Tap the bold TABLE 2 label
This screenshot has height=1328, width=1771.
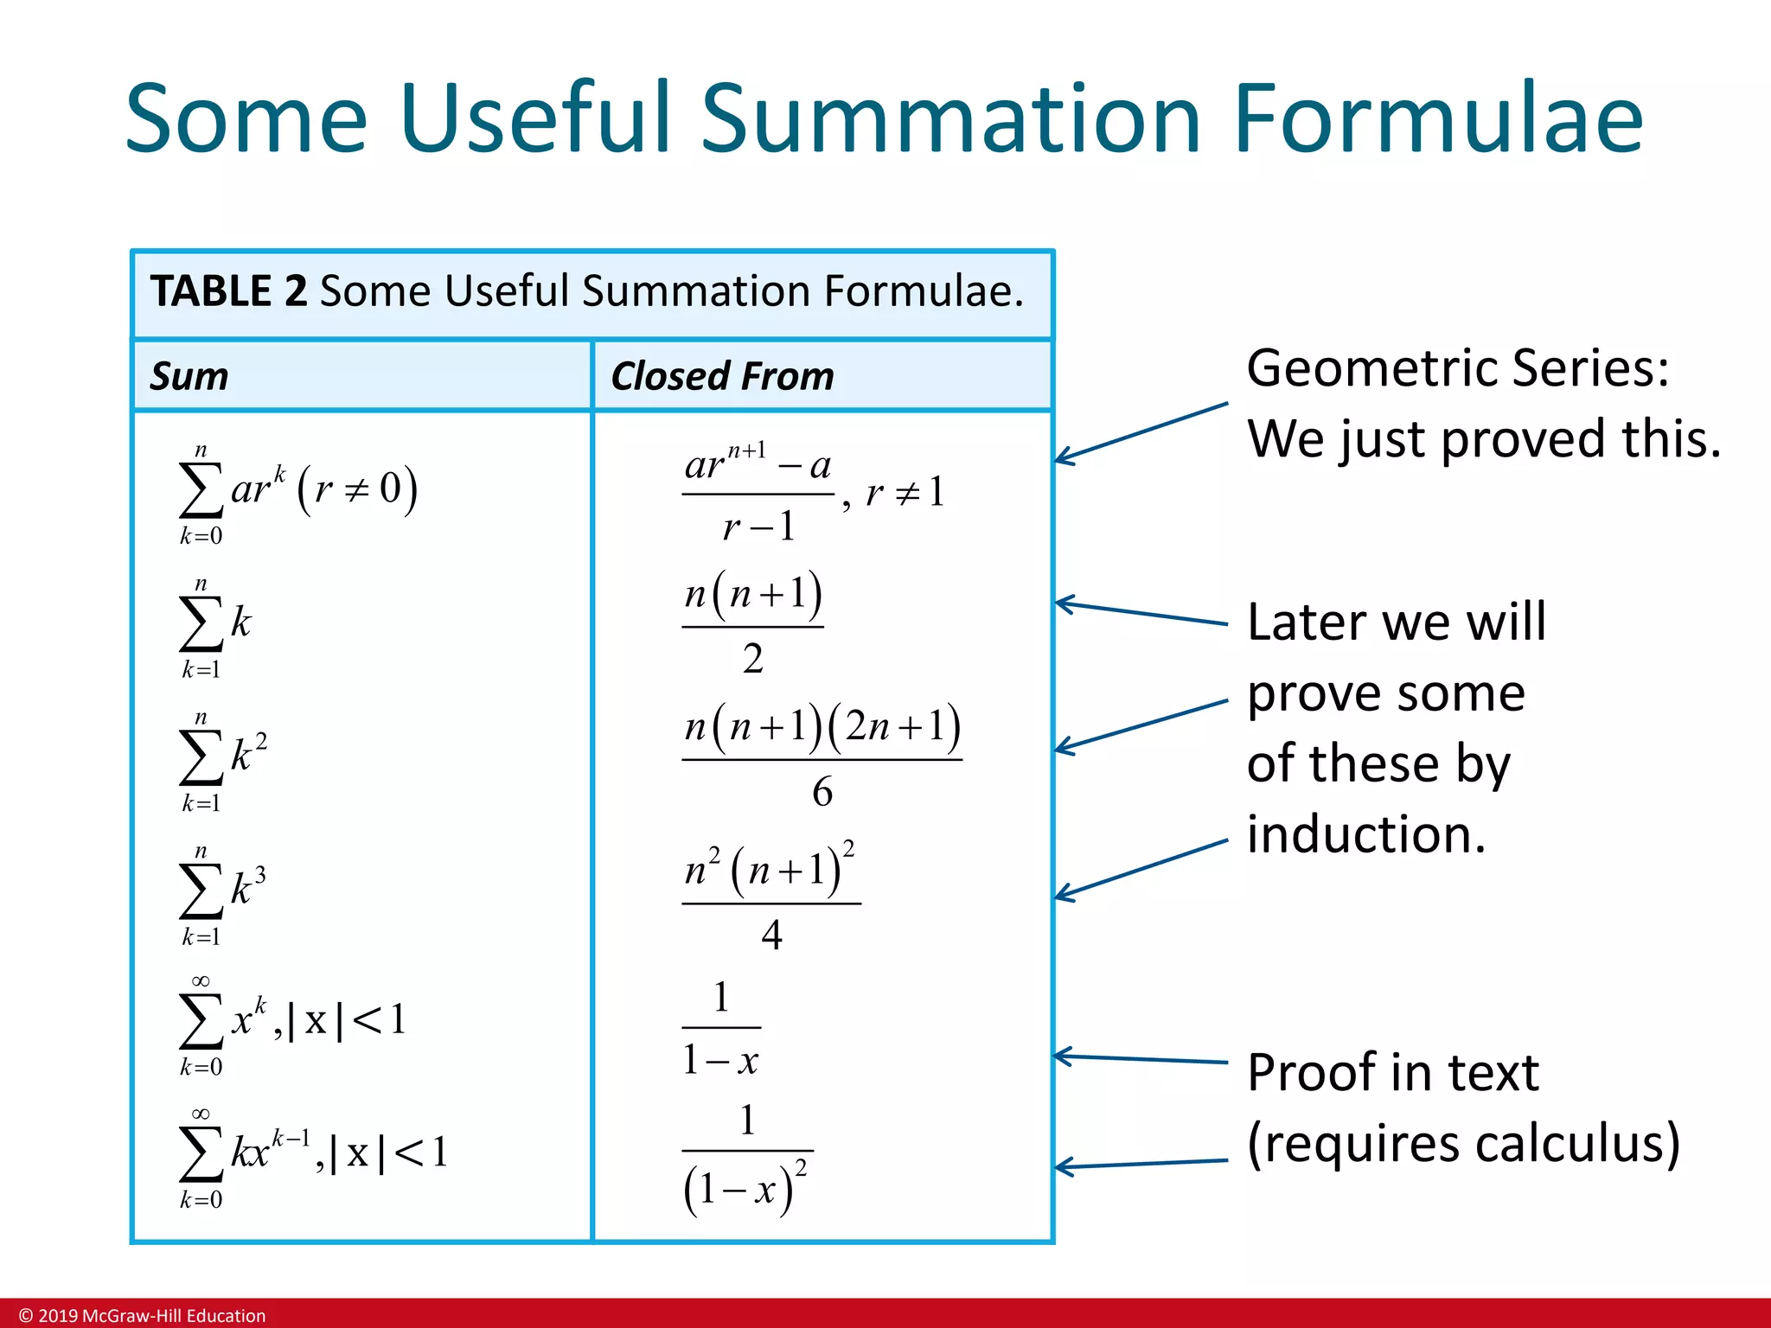pos(228,290)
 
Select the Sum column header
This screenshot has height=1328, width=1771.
pos(189,376)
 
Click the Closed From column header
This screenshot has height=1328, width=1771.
pos(722,376)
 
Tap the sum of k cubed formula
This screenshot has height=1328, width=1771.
pos(223,891)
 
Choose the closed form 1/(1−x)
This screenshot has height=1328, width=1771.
pos(721,1028)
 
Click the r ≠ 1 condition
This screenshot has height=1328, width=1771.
pos(905,493)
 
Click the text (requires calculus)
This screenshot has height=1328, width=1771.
pos(1463,1143)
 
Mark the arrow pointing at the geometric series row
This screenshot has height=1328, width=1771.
pos(1141,432)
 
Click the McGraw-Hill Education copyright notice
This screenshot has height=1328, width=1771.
pos(143,1315)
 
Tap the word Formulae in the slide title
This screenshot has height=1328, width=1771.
pos(1437,118)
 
